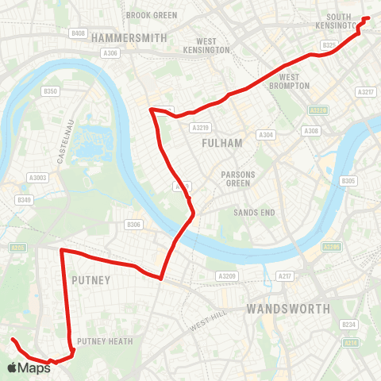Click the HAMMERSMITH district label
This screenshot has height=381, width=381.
[129, 37]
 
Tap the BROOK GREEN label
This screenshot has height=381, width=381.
[151, 14]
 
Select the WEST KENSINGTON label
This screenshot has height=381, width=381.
[206, 45]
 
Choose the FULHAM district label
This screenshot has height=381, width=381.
[217, 143]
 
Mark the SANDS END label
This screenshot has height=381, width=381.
[254, 213]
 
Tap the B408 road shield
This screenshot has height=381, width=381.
[78, 33]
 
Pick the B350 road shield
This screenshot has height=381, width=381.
[51, 91]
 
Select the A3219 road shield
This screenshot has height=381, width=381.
[200, 126]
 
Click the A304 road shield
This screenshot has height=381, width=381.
[267, 135]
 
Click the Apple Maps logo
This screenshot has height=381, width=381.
[29, 368]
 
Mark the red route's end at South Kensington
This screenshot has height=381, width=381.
[368, 17]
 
